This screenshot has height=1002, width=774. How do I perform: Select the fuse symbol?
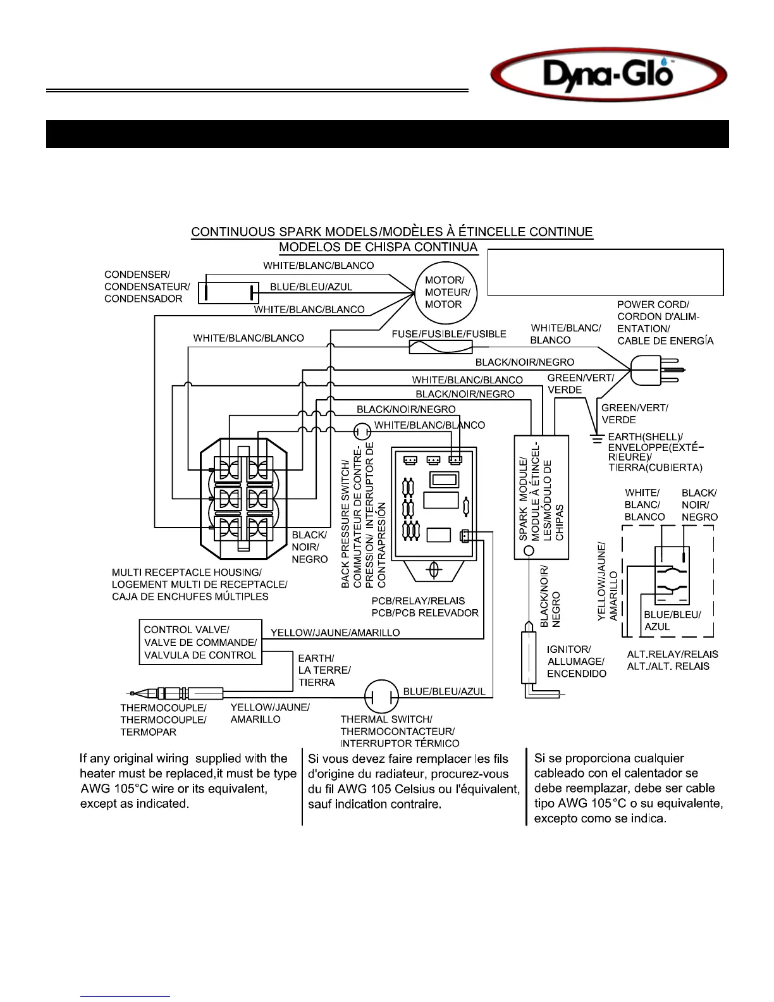click(x=440, y=347)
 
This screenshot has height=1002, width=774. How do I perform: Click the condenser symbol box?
click(x=228, y=293)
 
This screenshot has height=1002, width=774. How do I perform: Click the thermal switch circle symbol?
click(x=381, y=696)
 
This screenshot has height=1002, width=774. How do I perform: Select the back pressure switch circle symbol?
click(x=362, y=432)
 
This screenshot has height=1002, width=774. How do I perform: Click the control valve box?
click(x=200, y=642)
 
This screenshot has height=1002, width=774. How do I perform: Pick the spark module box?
click(x=541, y=497)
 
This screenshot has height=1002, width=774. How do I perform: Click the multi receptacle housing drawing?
click(x=243, y=500)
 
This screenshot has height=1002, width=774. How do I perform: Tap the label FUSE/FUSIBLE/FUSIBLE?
click(x=449, y=334)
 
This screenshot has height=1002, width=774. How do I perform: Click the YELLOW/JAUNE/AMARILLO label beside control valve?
click(x=335, y=633)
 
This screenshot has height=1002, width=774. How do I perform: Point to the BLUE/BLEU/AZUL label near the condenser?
click(x=311, y=287)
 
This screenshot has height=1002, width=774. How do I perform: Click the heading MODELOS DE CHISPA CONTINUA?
click(x=378, y=247)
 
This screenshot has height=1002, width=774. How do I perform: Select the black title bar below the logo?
click(x=387, y=134)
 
